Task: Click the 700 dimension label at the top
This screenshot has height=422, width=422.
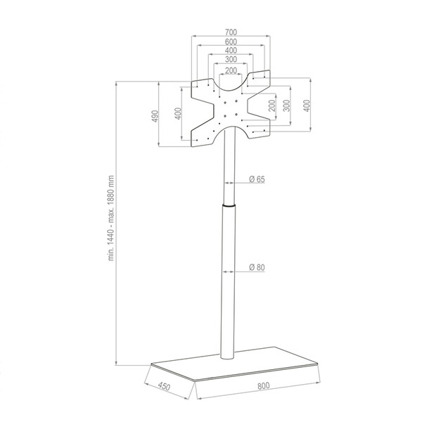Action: coord(231,32)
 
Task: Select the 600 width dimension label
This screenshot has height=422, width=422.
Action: coord(231,41)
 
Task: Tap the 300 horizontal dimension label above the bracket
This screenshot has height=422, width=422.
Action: coord(231,59)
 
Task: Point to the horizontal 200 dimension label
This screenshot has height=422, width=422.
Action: coord(231,70)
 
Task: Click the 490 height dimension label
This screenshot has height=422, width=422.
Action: coord(155,116)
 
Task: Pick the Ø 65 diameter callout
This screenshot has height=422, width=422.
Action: coord(257,179)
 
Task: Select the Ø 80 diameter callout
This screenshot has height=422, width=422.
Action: coord(257,267)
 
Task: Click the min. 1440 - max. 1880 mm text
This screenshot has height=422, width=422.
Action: coord(111,218)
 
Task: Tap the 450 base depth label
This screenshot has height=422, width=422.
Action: coord(164,386)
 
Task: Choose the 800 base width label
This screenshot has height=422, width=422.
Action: coord(263,385)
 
